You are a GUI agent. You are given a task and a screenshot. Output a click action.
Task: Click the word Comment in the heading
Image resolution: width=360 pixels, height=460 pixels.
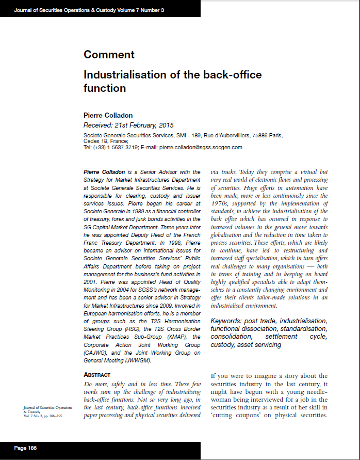pyautogui.click(x=109, y=55)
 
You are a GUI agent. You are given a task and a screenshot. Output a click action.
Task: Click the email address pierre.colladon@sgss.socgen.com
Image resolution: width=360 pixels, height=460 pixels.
pyautogui.click(x=201, y=147)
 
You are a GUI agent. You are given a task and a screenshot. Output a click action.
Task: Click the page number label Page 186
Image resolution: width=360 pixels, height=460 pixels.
pyautogui.click(x=26, y=448)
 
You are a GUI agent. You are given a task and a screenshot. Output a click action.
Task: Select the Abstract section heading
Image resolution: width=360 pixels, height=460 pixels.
pyautogui.click(x=97, y=374)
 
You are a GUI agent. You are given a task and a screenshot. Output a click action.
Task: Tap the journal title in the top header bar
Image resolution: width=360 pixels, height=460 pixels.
pyautogui.click(x=89, y=10)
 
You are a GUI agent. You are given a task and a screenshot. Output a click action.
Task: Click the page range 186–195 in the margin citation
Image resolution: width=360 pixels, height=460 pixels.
pyautogui.click(x=53, y=416)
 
